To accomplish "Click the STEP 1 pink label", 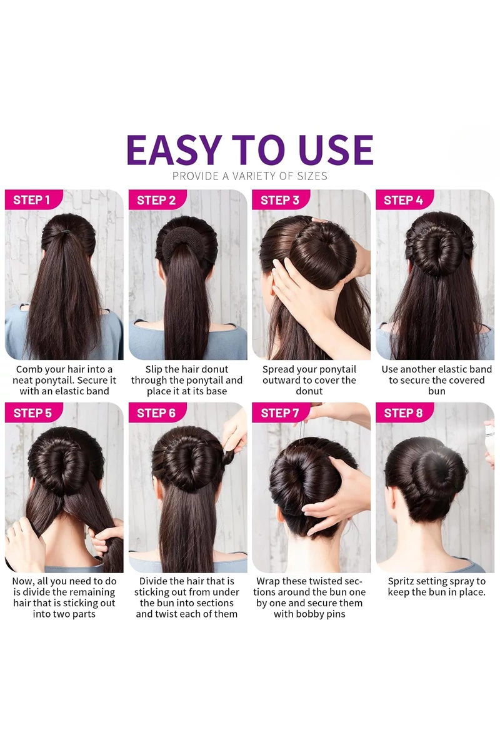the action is (x=34, y=200).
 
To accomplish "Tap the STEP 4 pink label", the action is (x=404, y=200).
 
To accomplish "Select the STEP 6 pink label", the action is (x=157, y=413).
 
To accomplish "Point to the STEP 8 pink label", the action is (x=404, y=413).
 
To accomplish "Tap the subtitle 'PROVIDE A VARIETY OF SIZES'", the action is (x=250, y=176).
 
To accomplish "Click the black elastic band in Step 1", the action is (x=64, y=231).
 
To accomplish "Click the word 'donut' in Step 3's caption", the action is (x=309, y=391).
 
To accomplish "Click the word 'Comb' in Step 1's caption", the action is (x=29, y=369).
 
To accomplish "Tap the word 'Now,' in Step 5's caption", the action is (x=23, y=582).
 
